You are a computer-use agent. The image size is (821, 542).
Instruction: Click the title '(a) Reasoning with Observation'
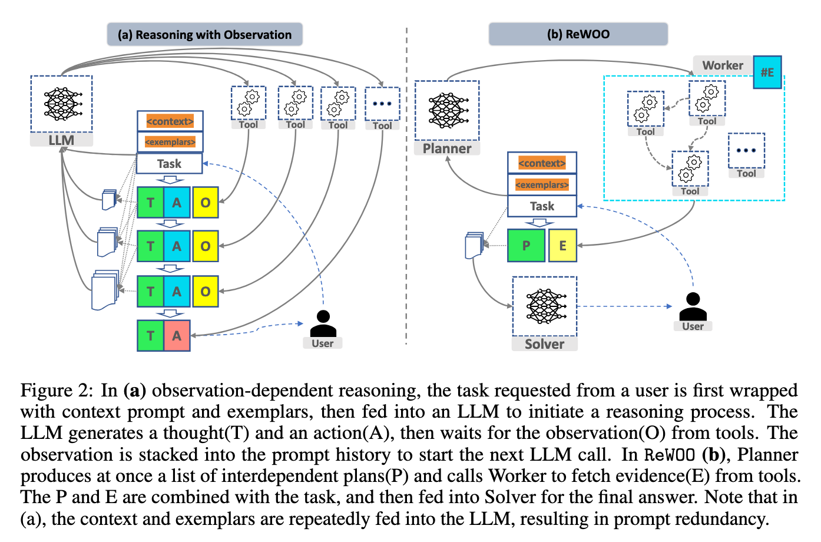coord(204,35)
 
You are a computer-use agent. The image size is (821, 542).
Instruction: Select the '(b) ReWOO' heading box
coord(578,34)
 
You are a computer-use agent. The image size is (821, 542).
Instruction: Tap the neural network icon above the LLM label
coord(61,104)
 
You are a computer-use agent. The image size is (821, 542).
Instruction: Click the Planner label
coord(447,148)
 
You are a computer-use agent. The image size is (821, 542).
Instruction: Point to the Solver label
coord(544,344)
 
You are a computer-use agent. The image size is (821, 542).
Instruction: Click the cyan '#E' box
coord(767,72)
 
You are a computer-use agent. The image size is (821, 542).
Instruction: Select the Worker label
coord(723,65)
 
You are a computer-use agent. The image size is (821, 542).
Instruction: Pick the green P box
coord(526,246)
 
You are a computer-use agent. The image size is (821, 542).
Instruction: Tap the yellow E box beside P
coord(562,246)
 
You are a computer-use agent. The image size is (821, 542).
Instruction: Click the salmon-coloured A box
coord(177,336)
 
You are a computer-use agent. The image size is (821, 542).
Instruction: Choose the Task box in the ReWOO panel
coord(542,206)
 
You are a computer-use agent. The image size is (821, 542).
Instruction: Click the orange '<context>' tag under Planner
coord(542,163)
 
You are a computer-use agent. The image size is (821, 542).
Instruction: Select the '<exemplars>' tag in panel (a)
coord(170,142)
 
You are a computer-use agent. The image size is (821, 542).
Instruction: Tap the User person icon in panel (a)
coord(323,323)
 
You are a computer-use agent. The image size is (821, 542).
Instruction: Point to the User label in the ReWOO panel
coord(693,326)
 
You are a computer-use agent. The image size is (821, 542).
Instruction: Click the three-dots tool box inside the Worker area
coord(746,151)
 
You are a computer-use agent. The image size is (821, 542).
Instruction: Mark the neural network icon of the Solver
coord(545,306)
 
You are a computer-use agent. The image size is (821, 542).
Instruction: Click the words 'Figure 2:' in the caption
coord(57,391)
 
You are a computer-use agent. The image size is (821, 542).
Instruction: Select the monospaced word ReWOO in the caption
coord(670,455)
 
